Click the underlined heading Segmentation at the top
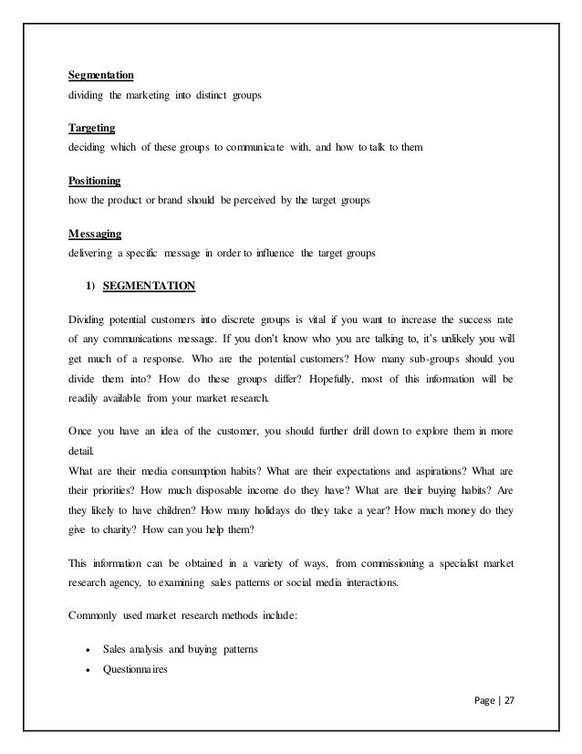click(101, 74)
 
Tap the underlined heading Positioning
click(95, 181)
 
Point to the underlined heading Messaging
click(94, 234)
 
